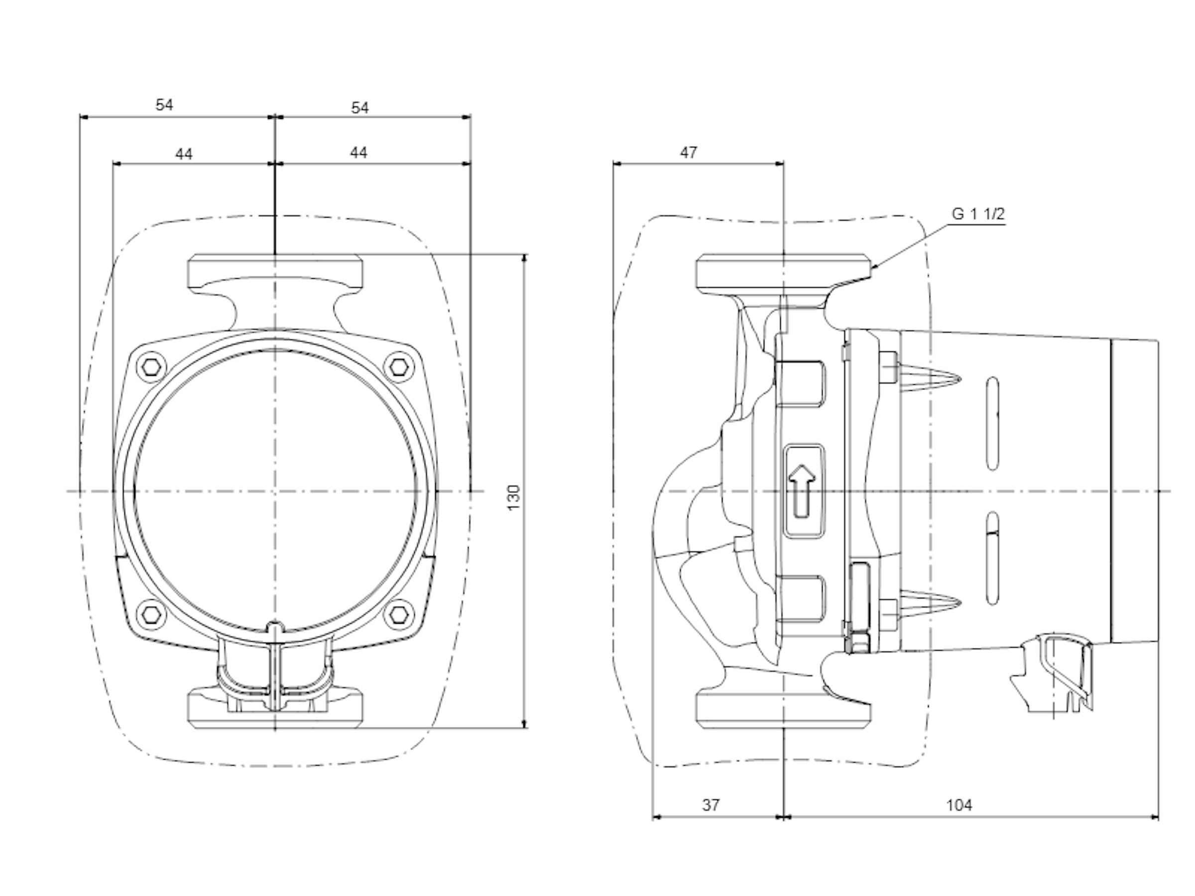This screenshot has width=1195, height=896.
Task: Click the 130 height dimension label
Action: click(x=514, y=497)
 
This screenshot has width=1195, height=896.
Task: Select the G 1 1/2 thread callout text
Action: click(x=978, y=214)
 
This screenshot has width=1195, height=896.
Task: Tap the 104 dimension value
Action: click(x=959, y=805)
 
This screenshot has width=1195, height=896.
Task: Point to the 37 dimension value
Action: click(x=711, y=805)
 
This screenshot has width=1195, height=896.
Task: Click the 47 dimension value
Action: click(x=688, y=153)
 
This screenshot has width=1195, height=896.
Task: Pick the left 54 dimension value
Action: click(x=164, y=105)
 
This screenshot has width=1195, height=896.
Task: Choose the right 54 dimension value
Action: click(x=360, y=108)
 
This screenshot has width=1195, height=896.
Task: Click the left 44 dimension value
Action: click(x=184, y=154)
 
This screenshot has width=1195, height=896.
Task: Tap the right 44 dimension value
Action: click(x=358, y=153)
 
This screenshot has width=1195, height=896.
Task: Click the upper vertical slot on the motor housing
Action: click(x=992, y=424)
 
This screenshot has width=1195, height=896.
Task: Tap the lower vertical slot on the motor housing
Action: click(x=992, y=559)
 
